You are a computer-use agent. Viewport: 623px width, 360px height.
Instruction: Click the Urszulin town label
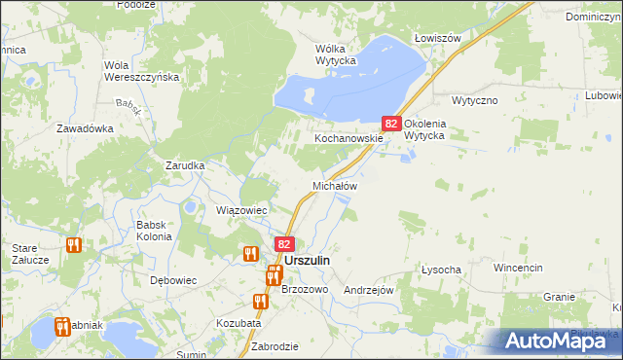(307, 262)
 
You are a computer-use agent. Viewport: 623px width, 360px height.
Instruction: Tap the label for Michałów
(335, 185)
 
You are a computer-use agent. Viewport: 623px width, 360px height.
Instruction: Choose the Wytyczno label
(475, 100)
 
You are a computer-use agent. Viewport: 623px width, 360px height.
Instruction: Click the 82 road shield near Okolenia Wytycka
(391, 124)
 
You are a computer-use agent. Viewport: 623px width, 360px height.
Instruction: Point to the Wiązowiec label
(241, 210)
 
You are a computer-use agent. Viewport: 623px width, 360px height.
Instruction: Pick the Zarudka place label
(185, 165)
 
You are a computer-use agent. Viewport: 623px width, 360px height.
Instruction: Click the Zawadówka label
(85, 128)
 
